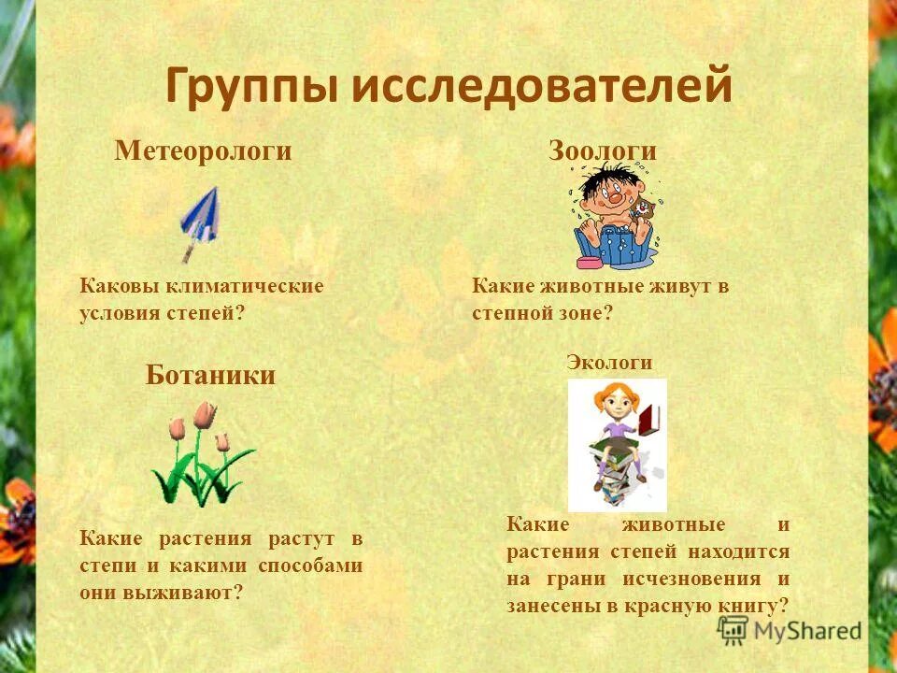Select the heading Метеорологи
click(x=203, y=151)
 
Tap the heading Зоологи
click(x=602, y=151)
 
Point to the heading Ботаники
click(x=210, y=376)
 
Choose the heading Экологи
click(x=609, y=363)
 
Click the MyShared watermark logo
click(x=790, y=630)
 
